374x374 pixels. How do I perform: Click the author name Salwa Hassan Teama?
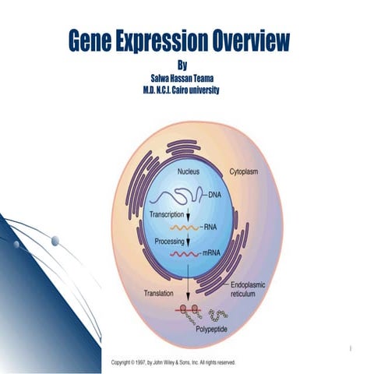coord(184,79)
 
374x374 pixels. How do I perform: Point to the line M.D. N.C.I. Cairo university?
coord(184,90)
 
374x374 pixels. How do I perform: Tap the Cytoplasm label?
coord(245,171)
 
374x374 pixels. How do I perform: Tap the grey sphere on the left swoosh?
coord(55,242)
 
